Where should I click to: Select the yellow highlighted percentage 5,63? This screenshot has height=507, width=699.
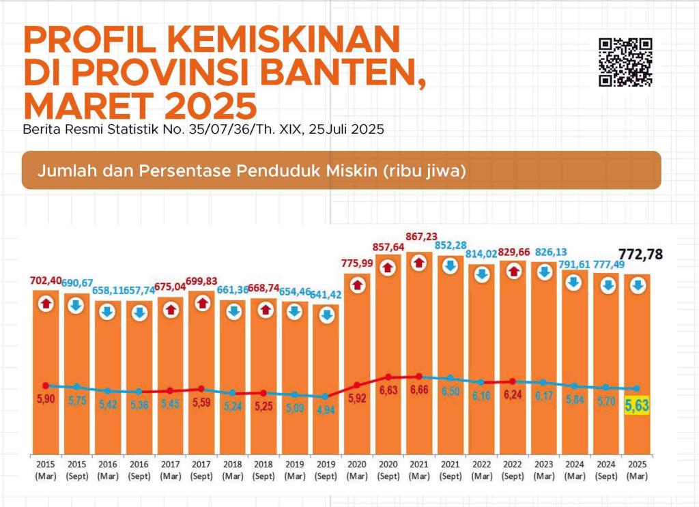[636, 407]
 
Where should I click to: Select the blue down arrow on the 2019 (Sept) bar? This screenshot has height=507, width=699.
[326, 315]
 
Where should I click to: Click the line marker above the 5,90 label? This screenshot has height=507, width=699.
[46, 386]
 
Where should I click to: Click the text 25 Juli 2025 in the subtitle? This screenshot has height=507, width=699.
[346, 129]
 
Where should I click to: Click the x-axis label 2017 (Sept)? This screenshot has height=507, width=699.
[201, 469]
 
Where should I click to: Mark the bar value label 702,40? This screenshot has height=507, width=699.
[45, 280]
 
